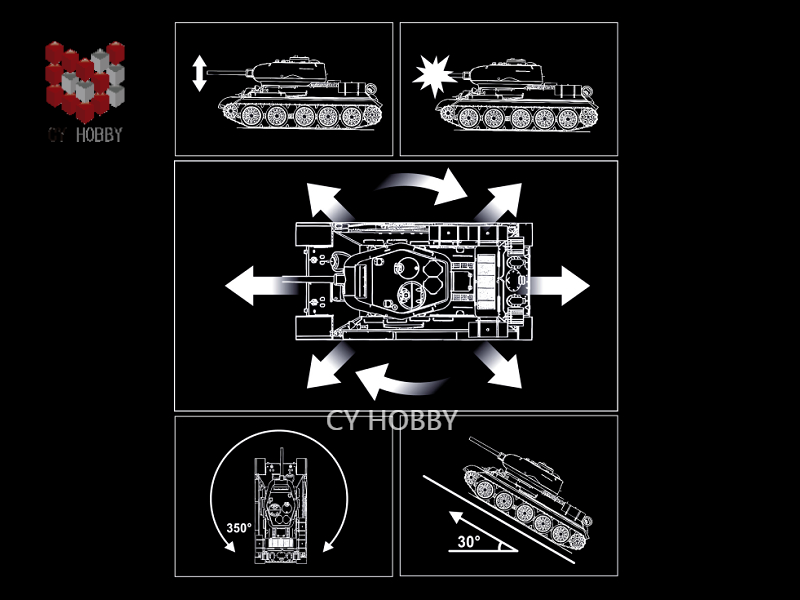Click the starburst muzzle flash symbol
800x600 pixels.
click(x=434, y=77)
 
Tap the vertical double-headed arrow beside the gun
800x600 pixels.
click(x=199, y=74)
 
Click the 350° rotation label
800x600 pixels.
click(x=239, y=528)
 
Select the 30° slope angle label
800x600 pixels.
click(x=468, y=541)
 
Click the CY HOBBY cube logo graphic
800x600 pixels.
click(x=85, y=82)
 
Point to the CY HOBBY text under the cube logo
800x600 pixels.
click(x=85, y=135)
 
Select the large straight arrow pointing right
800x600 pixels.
click(x=560, y=286)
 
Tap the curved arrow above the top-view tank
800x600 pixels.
click(x=423, y=185)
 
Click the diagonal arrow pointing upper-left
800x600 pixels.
click(x=328, y=202)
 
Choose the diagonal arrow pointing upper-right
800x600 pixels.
click(x=501, y=202)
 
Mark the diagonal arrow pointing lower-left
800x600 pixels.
click(x=328, y=366)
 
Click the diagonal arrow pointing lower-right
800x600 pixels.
click(x=499, y=365)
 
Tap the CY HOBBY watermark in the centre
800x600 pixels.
click(x=391, y=420)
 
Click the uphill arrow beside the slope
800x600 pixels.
click(x=482, y=531)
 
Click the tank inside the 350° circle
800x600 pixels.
click(x=281, y=506)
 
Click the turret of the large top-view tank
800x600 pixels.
click(x=393, y=282)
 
